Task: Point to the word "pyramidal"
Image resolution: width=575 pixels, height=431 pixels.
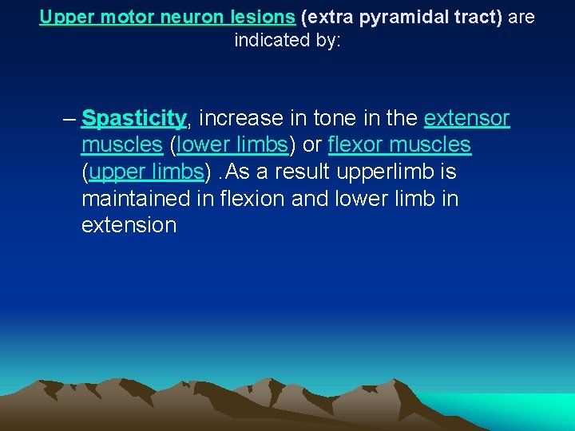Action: (380, 17)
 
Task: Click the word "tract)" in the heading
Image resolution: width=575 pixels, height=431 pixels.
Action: (474, 17)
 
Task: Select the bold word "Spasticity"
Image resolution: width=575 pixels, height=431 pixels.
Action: (133, 119)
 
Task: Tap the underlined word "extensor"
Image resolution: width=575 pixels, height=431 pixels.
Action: (466, 119)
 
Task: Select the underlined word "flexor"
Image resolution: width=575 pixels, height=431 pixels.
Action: (356, 145)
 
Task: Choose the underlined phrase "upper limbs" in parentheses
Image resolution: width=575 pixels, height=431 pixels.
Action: (146, 172)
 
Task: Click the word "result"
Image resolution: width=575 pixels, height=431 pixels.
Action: (300, 172)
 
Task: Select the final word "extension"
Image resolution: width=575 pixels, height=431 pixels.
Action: (129, 224)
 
